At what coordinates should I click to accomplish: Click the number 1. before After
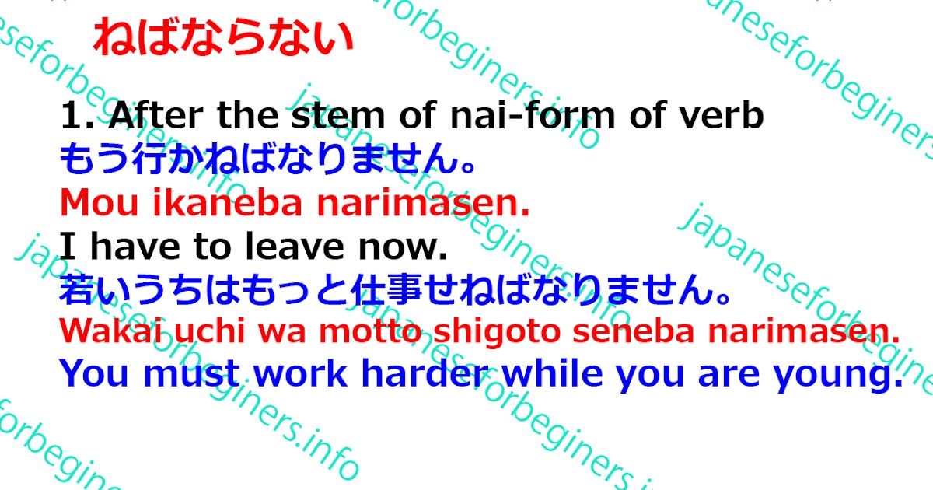point(78,117)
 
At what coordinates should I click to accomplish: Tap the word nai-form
point(522,117)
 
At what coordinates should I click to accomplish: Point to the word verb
point(720,117)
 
